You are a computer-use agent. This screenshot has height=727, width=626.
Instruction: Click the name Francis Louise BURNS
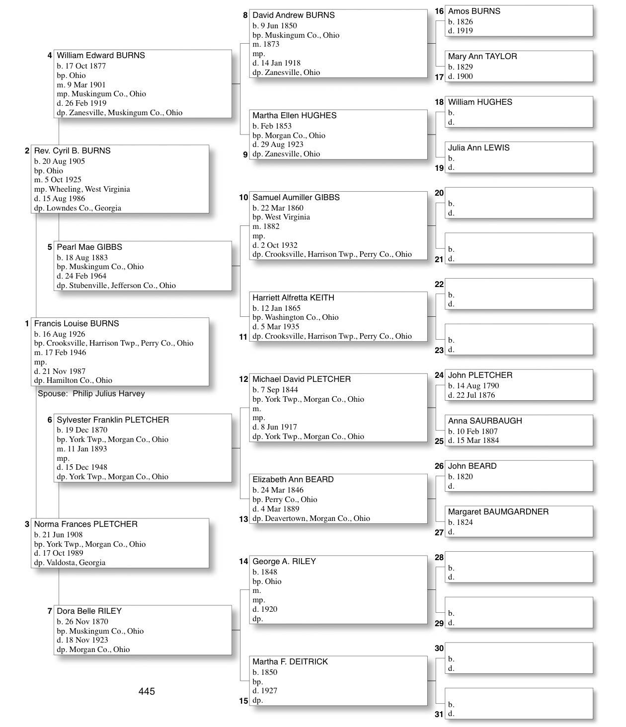click(x=77, y=324)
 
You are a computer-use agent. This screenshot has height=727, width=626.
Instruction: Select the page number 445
click(x=147, y=691)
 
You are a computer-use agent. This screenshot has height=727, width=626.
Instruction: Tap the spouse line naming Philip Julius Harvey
click(x=91, y=394)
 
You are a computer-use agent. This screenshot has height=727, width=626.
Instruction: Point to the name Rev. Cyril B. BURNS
click(x=72, y=151)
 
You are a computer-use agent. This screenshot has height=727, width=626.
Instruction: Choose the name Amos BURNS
click(x=474, y=11)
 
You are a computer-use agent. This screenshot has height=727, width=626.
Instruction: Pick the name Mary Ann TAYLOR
click(x=482, y=57)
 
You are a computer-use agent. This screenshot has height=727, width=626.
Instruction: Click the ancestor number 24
click(x=439, y=375)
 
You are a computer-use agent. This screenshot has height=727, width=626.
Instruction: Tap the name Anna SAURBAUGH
click(x=485, y=421)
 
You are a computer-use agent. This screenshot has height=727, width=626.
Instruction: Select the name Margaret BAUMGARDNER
click(x=498, y=512)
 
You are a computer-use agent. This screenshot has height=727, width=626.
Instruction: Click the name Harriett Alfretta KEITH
click(x=293, y=298)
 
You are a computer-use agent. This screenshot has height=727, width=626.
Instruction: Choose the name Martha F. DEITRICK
click(x=290, y=662)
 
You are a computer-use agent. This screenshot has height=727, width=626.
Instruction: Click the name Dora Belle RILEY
click(x=89, y=611)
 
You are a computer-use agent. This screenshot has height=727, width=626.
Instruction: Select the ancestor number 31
click(x=439, y=715)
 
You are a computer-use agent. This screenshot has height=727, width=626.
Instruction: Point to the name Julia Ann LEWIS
click(x=478, y=148)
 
